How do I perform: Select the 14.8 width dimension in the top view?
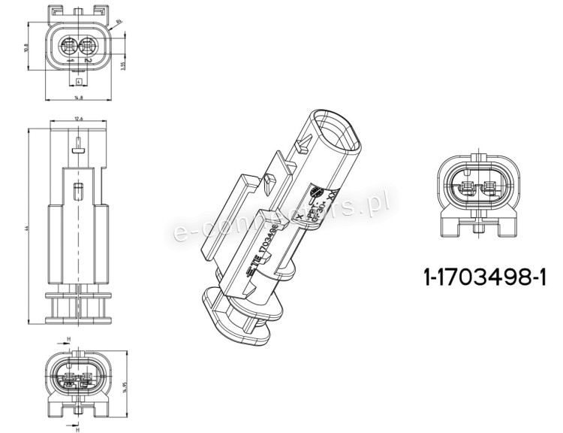tap(78, 98)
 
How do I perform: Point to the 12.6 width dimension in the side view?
tap(79, 119)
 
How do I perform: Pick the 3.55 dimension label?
tap(123, 65)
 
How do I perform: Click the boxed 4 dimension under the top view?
tap(78, 80)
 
